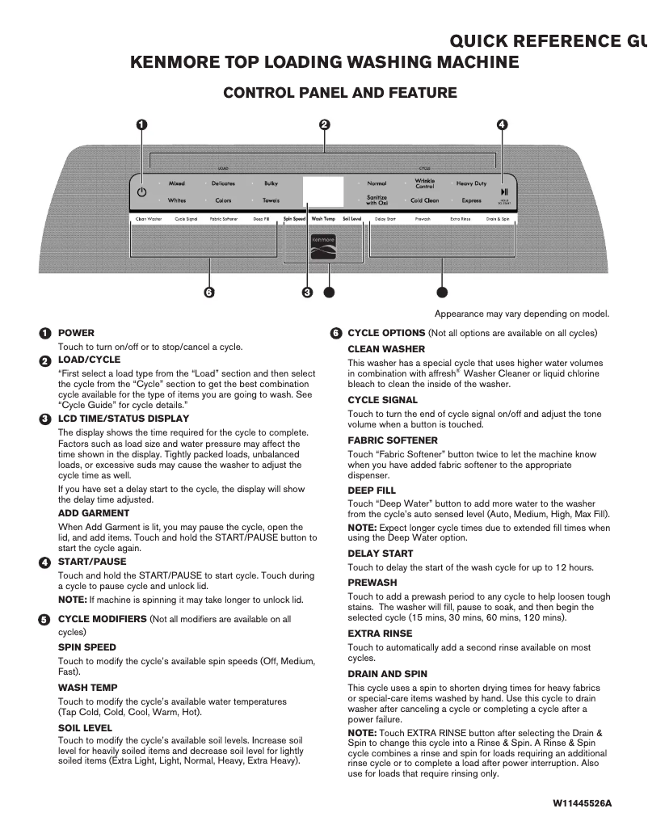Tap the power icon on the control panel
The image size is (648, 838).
141,192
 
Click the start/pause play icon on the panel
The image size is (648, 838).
503,191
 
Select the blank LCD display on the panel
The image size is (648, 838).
324,192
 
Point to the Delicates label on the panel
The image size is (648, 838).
223,183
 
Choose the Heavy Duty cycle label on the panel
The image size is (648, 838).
471,183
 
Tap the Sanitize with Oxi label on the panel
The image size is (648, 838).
377,200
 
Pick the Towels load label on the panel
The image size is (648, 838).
271,200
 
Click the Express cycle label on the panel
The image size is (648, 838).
471,200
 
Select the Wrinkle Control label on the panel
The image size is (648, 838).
425,183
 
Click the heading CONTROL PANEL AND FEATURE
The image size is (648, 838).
339,93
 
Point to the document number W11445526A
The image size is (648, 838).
582,804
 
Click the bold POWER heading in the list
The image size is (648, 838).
76,333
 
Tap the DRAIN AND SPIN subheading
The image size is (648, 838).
387,674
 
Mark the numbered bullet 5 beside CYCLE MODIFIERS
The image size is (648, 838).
44,619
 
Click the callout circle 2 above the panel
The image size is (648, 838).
324,124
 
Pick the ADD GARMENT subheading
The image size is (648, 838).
94,513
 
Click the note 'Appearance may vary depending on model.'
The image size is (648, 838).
522,314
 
